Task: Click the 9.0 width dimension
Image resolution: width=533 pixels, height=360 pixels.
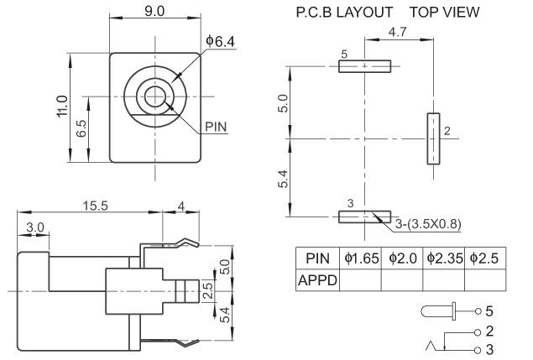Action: (154, 12)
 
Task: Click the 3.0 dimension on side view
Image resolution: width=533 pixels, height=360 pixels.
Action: (35, 228)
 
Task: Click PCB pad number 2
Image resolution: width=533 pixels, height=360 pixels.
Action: (433, 138)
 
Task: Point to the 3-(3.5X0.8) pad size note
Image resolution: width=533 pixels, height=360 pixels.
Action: (428, 223)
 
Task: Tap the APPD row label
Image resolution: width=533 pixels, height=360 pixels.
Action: (316, 281)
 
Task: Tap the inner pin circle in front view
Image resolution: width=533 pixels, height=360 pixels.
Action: (154, 95)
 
